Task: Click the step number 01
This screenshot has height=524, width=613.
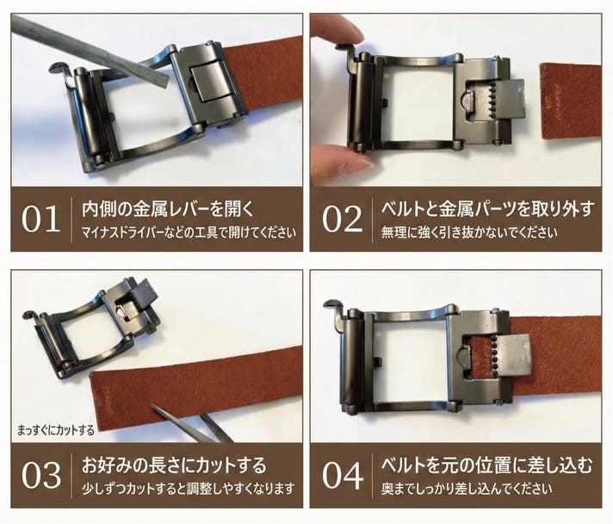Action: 40,219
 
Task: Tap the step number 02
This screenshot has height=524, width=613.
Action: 343,219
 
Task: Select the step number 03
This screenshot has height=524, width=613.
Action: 41,475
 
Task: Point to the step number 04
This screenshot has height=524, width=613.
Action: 343,475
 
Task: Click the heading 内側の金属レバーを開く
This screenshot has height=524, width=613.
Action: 168,209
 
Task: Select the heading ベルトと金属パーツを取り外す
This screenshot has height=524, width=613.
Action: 487,209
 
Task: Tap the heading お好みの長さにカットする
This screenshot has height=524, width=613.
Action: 174,465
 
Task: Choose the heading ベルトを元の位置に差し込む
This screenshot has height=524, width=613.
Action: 486,465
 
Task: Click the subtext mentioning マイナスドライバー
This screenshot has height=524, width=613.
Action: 189,233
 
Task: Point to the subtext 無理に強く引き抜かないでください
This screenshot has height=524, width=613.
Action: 469,233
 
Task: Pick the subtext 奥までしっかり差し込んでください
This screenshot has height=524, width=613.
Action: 467,489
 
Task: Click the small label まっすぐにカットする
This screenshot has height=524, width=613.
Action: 55,430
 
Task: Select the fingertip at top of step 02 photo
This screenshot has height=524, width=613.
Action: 340,28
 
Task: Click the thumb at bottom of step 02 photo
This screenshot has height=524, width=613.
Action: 339,163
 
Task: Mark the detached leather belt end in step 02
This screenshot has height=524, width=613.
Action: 570,101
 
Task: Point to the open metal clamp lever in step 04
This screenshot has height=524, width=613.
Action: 516,360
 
